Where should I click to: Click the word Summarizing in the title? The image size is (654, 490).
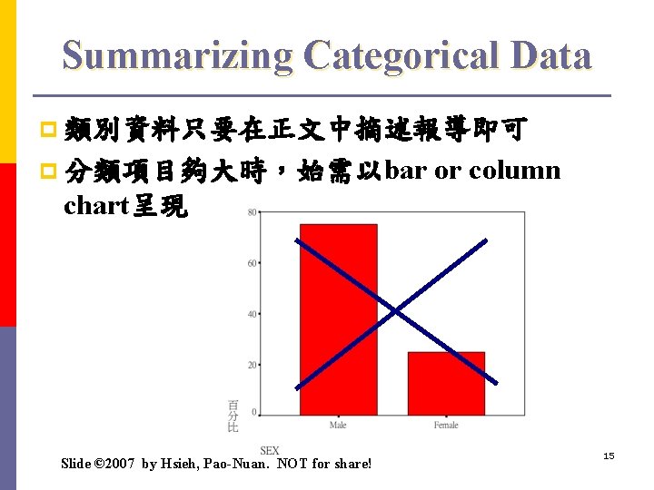point(177,55)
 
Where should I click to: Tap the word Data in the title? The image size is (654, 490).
point(550,55)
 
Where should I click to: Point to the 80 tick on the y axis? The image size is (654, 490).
point(251,212)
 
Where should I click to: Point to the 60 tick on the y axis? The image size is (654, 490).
point(251,263)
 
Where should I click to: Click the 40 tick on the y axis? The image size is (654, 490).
point(251,314)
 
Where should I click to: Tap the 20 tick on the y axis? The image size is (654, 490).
point(251,365)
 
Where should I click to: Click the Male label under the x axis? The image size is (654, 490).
point(338,426)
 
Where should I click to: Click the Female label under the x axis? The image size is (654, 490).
point(446,426)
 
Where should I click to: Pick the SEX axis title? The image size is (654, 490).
point(270,451)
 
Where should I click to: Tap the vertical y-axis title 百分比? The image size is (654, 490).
point(233,415)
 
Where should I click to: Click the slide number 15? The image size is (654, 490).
point(609,456)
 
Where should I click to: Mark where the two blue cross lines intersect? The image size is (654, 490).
point(395,311)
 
